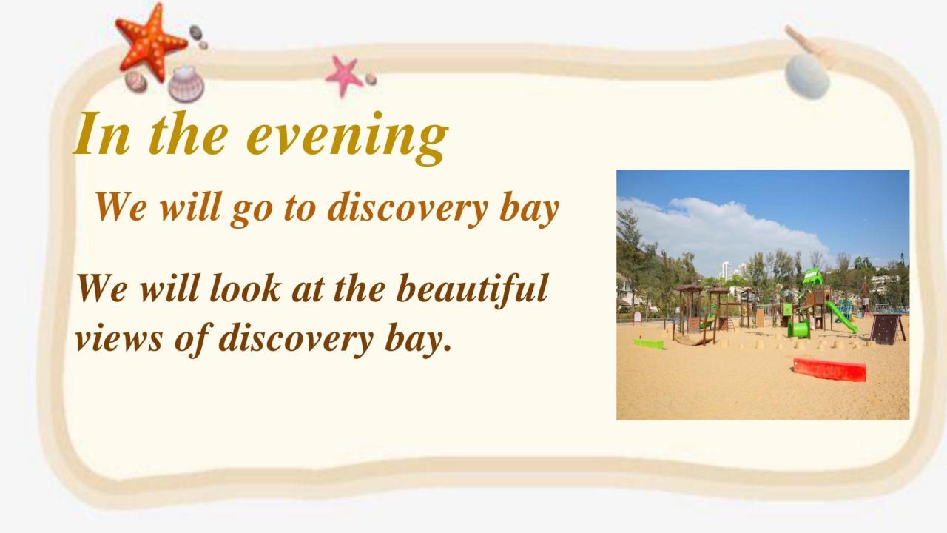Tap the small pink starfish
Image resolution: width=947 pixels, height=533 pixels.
click(343, 76)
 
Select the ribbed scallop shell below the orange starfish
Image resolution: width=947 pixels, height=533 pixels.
click(186, 84)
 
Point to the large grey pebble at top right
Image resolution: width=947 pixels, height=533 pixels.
click(807, 76)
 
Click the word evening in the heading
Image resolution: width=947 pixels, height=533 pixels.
click(347, 136)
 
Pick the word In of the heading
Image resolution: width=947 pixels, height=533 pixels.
click(101, 134)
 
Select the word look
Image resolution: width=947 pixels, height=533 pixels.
click(245, 288)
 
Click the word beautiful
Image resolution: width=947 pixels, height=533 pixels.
click(472, 289)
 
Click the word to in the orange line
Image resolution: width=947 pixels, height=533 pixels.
click(300, 209)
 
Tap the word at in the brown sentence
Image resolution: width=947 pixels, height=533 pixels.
click(308, 289)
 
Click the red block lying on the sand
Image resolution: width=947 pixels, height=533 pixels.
click(829, 369)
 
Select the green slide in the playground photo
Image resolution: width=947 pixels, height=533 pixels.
click(841, 316)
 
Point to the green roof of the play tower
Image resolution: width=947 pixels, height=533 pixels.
click(812, 277)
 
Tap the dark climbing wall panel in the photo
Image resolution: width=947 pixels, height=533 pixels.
click(886, 329)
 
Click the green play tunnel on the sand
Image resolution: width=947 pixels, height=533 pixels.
click(798, 329)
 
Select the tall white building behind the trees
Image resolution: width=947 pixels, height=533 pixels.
click(726, 270)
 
